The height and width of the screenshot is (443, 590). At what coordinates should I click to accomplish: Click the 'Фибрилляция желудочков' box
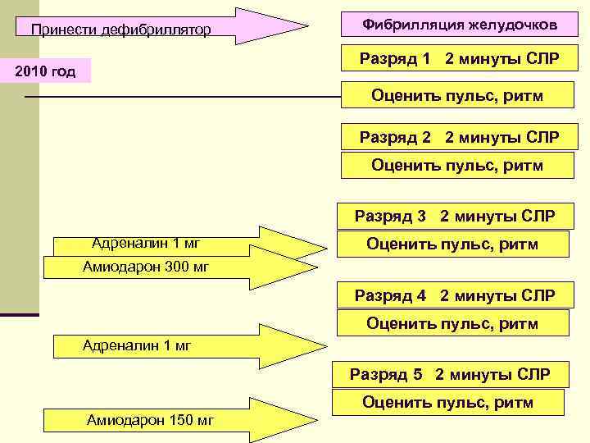[x=460, y=26]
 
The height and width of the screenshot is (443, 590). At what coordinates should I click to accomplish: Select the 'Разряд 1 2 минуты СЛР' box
[x=460, y=60]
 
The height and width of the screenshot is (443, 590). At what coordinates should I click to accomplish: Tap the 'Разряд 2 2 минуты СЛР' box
[x=460, y=137]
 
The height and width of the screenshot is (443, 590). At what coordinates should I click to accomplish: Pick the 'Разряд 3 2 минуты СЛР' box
[x=455, y=217]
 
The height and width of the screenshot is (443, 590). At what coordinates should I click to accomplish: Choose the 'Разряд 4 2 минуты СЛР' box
[x=455, y=295]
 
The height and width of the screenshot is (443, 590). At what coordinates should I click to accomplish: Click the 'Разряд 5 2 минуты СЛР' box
[x=450, y=375]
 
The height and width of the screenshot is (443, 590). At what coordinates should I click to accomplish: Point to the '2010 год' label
[x=46, y=71]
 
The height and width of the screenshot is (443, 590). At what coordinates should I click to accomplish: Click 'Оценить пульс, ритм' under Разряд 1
[x=457, y=96]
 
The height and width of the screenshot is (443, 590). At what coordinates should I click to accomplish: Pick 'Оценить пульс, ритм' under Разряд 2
[x=457, y=165]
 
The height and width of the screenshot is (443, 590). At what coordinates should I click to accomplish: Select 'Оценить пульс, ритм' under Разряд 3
[x=452, y=244]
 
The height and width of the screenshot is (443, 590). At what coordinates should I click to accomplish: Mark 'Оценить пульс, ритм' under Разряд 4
[x=452, y=323]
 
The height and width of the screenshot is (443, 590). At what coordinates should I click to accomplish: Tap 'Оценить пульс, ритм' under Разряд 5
[x=447, y=402]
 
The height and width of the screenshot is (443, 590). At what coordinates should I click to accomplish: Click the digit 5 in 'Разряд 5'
[x=418, y=375]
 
